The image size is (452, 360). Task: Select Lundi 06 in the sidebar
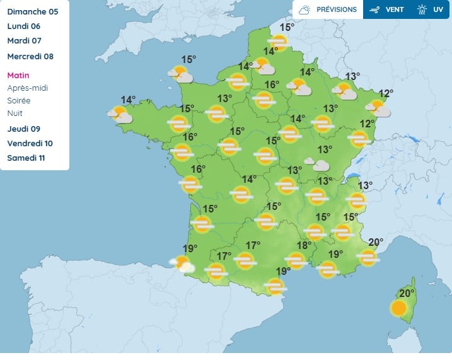point(24,26)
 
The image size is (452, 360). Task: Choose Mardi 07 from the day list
point(24,41)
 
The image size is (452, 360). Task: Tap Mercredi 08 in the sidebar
point(30,56)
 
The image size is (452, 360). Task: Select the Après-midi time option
point(27,88)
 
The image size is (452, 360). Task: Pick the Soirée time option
point(19,101)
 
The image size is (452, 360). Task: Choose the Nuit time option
point(14,113)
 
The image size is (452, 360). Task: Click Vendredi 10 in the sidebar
point(30,143)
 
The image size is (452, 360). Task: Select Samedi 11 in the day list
point(26,158)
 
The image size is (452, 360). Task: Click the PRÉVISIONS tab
point(328,9)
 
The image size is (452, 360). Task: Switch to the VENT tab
point(388,9)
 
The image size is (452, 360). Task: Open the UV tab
point(431,9)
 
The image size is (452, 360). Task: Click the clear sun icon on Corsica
point(398,308)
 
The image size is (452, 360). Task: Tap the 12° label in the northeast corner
point(386,93)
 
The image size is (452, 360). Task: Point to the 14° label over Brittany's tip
point(128,100)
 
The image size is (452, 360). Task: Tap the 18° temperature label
point(304,245)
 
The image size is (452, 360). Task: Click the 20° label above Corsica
point(407,293)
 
